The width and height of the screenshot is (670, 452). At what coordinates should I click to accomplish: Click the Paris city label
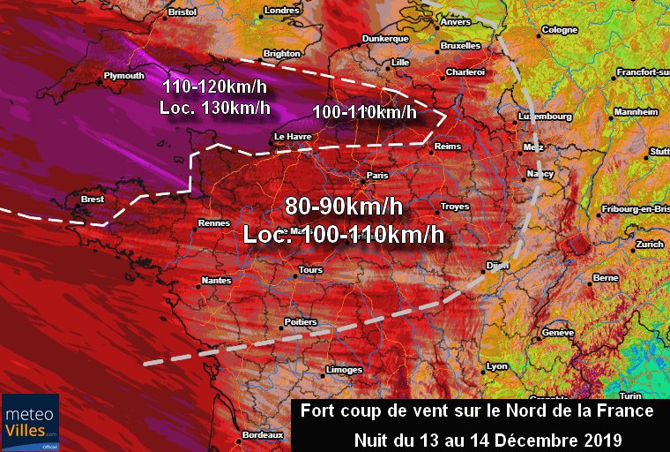pyautogui.click(x=377, y=176)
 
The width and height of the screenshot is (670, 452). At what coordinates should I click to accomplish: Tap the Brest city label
pyautogui.click(x=93, y=200)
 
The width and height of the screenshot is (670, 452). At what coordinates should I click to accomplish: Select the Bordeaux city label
pyautogui.click(x=263, y=435)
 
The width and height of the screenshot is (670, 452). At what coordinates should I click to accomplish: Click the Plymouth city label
pyautogui.click(x=123, y=76)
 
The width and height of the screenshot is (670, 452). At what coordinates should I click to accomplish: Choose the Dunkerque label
pyautogui.click(x=385, y=39)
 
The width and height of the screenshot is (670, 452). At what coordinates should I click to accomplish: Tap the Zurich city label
pyautogui.click(x=650, y=245)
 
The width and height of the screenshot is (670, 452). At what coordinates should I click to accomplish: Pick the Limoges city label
pyautogui.click(x=344, y=369)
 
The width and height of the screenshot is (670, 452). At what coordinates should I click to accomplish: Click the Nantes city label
pyautogui.click(x=216, y=280)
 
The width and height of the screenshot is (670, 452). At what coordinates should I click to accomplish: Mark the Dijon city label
pyautogui.click(x=498, y=265)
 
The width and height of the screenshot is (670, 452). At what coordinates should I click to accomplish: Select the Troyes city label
pyautogui.click(x=455, y=207)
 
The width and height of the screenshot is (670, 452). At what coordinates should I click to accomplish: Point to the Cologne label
pyautogui.click(x=560, y=30)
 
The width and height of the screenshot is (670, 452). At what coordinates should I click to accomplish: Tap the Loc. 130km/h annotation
pyautogui.click(x=215, y=108)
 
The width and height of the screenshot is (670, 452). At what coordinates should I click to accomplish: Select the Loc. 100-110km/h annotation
pyautogui.click(x=342, y=235)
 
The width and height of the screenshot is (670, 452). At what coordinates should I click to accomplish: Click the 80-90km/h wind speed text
pyautogui.click(x=343, y=207)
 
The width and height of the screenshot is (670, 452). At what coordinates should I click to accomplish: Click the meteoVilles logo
pyautogui.click(x=30, y=422)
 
